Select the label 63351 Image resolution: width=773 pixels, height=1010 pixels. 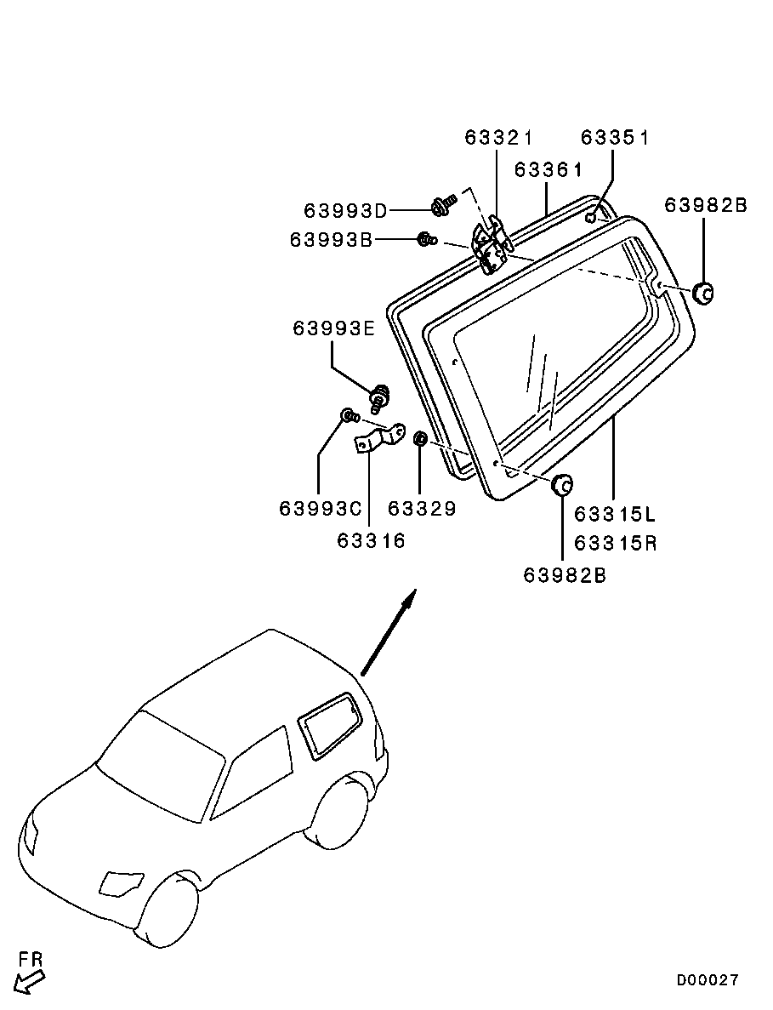click(615, 138)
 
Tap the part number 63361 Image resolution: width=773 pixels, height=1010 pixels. click(548, 169)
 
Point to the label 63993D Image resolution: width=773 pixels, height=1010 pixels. click(345, 210)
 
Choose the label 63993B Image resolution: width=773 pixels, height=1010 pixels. click(332, 241)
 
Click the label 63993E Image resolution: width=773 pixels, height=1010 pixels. click(334, 328)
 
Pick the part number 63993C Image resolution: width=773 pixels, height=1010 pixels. click(321, 509)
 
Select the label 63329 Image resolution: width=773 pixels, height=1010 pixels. click(422, 509)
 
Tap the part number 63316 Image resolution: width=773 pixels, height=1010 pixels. click(371, 540)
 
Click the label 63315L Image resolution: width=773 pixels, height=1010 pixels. click(616, 515)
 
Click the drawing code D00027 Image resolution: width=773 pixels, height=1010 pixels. click(708, 980)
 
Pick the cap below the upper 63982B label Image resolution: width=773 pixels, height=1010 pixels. click(702, 293)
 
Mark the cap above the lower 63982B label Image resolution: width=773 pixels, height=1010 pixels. click(561, 486)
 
